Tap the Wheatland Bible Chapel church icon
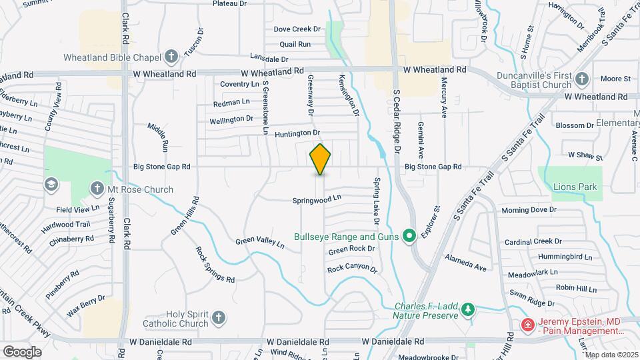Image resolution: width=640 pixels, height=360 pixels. (171, 57)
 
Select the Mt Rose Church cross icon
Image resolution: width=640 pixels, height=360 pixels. (97, 189)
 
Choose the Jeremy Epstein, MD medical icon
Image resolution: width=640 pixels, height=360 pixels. (527, 325)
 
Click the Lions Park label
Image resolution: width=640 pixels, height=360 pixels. (575, 187)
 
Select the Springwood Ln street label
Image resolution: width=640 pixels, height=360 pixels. (317, 199)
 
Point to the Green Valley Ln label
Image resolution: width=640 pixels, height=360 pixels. (260, 243)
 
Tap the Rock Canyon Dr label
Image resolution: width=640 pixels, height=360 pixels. (352, 270)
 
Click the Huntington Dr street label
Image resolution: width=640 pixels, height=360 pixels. (297, 133)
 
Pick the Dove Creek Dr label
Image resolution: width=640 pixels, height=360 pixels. (297, 29)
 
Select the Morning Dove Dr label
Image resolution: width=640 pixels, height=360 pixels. (529, 210)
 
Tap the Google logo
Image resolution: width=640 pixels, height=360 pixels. (22, 351)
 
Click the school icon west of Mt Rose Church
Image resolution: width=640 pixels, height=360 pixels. (51, 184)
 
